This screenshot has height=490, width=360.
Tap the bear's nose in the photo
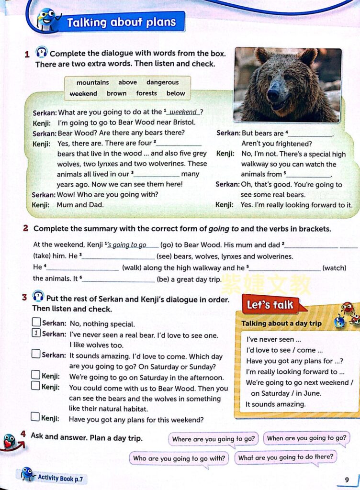point(273,94)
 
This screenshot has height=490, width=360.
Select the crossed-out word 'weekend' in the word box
point(83,93)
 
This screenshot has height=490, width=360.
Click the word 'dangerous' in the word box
point(162,82)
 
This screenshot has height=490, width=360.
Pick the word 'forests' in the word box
point(146,93)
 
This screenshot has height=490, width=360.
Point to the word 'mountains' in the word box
point(92,82)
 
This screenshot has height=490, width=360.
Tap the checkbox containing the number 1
point(36,334)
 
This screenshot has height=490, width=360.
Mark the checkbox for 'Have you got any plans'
point(35,417)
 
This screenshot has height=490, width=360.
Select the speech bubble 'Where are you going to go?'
point(214,439)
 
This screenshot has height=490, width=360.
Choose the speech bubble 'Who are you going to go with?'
point(179,458)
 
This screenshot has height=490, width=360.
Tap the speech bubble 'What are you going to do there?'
point(285,457)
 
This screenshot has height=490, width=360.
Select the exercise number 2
point(25,229)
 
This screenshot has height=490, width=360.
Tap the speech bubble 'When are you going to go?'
point(306,438)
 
